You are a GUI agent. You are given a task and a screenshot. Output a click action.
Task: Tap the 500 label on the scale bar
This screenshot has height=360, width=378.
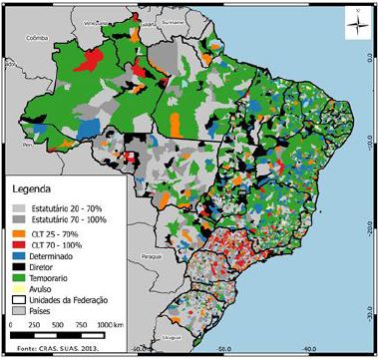tap(61, 326)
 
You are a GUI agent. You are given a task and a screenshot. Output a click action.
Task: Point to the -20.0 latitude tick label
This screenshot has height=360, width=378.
tap(370, 225)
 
